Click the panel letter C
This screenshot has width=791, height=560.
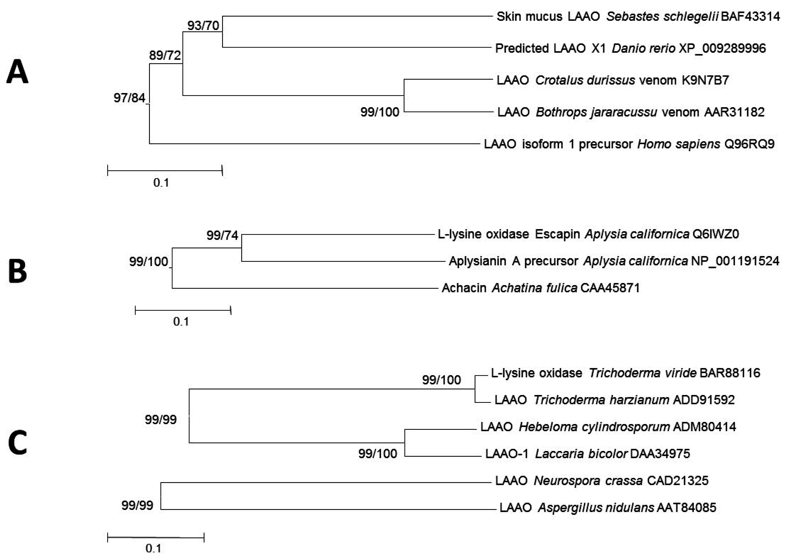pyautogui.click(x=17, y=444)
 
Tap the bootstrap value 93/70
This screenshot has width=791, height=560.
pyautogui.click(x=203, y=26)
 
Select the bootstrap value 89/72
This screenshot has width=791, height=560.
pyautogui.click(x=165, y=55)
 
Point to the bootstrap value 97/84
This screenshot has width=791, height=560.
pyautogui.click(x=129, y=98)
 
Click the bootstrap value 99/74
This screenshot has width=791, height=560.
pyautogui.click(x=222, y=235)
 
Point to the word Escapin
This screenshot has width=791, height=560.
pyautogui.click(x=557, y=234)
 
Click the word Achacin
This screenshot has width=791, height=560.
pyautogui.click(x=464, y=288)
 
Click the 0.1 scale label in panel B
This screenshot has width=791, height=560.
pyautogui.click(x=181, y=322)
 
